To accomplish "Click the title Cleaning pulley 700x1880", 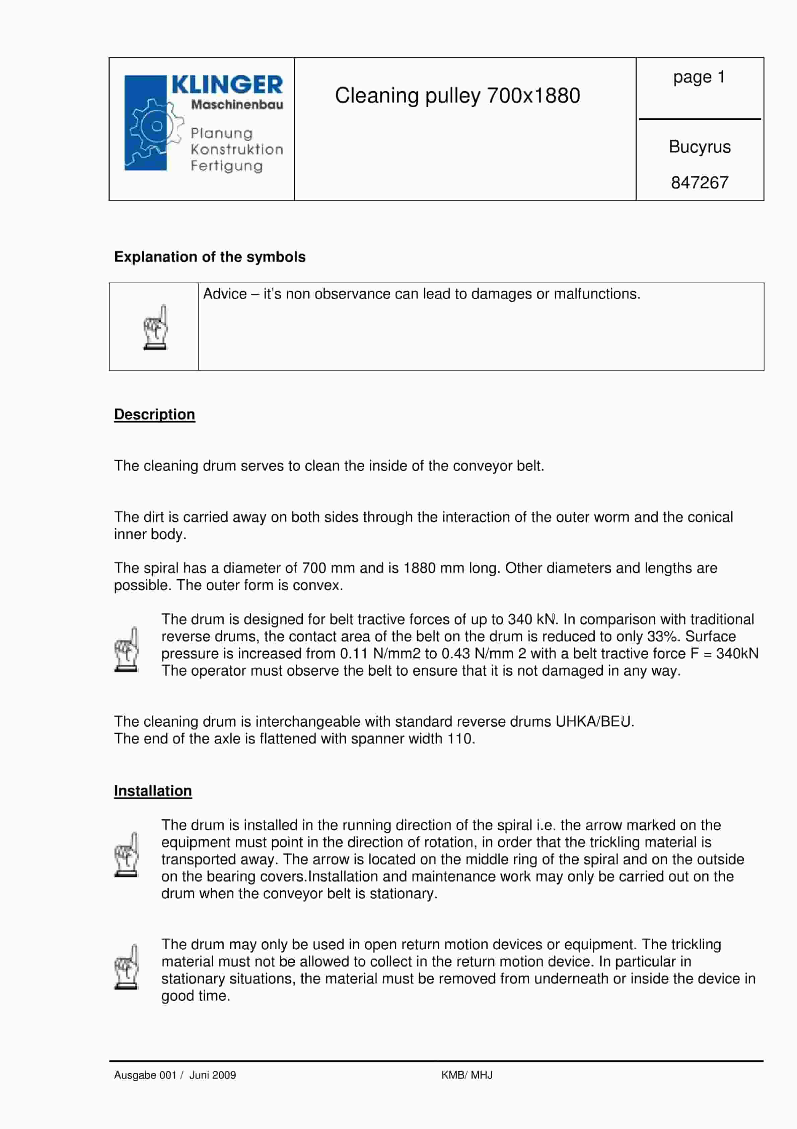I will [457, 96].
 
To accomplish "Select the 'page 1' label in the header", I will [699, 77].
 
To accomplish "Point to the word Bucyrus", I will [699, 146].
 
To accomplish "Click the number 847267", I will [699, 182].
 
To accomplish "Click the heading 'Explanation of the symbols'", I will [210, 257].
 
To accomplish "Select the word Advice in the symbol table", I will [225, 294].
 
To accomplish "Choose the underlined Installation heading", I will [153, 791].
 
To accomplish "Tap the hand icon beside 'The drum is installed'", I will [126, 854].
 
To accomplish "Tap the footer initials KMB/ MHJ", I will [466, 1075].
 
